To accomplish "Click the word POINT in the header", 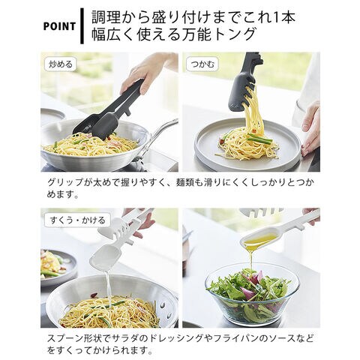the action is click(x=59, y=26).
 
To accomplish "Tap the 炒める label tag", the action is click(x=61, y=64).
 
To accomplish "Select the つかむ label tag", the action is click(x=202, y=64).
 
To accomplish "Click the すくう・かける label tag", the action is click(x=77, y=220).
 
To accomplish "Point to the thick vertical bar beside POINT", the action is click(x=82, y=26).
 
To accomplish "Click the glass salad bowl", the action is click(x=252, y=295).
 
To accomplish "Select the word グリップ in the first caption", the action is click(x=65, y=182).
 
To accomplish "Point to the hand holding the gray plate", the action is click(x=311, y=129).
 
